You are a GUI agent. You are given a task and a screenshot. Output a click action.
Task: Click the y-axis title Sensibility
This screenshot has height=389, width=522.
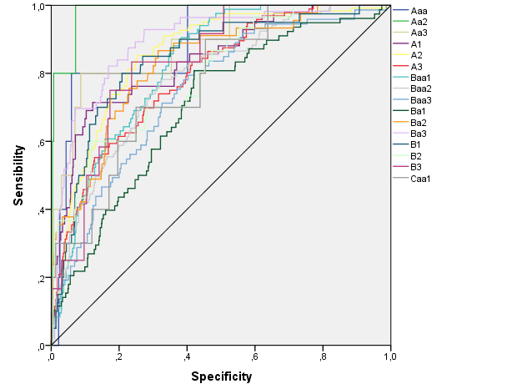18,175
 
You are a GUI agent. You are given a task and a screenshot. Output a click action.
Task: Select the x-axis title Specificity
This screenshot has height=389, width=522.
221,376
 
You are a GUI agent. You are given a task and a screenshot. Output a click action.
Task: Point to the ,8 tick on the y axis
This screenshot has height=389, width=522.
41,74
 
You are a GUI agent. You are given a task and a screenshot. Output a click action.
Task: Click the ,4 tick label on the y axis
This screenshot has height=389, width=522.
41,210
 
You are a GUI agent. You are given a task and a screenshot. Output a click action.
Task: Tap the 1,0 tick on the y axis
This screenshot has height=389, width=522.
38,7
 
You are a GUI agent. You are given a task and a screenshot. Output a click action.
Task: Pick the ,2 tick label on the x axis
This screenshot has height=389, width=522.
119,357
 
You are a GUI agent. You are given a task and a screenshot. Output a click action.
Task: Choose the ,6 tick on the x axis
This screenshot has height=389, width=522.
255,357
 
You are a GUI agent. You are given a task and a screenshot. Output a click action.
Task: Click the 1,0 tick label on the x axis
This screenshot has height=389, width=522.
390,356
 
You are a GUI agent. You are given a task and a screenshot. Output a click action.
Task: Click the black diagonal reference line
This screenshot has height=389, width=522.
221,175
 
